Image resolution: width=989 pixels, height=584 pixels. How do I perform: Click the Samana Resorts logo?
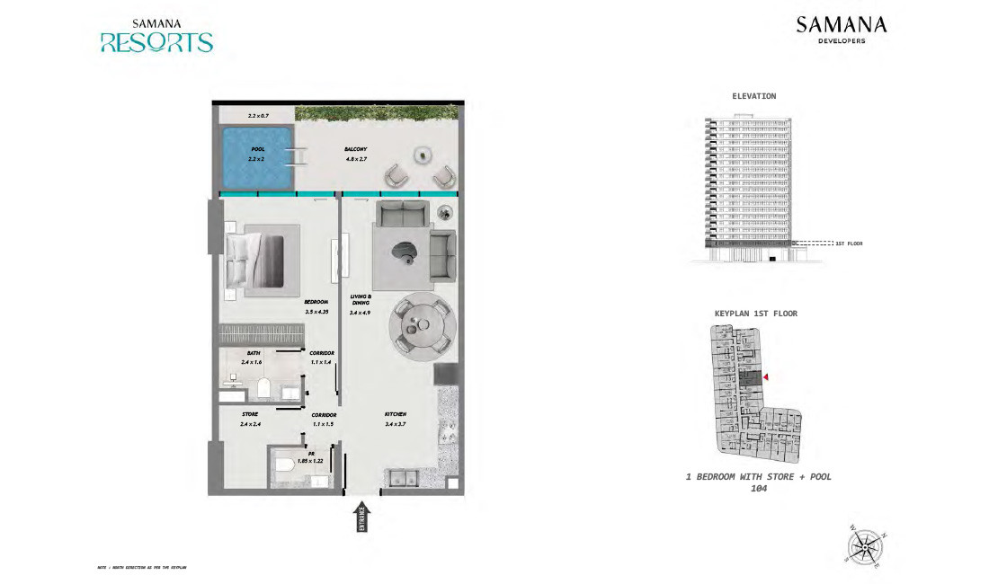156,36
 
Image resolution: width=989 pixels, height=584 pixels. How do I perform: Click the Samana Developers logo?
841,30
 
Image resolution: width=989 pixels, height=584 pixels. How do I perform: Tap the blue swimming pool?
258,159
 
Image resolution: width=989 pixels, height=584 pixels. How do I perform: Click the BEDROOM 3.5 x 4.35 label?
316,306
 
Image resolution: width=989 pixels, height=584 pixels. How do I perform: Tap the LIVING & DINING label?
361,304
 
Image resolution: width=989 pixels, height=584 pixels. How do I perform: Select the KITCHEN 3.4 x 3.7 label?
396,419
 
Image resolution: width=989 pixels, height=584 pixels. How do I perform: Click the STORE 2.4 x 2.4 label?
250,419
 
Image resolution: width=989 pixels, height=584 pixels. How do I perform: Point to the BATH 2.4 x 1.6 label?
253,358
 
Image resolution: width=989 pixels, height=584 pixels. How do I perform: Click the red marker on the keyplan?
766,378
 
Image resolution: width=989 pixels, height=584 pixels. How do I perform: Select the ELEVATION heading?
754,96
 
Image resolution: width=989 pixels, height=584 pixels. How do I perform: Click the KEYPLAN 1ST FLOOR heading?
755,314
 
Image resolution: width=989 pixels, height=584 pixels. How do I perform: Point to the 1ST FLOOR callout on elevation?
849,243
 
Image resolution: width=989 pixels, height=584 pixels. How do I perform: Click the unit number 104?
758,490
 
